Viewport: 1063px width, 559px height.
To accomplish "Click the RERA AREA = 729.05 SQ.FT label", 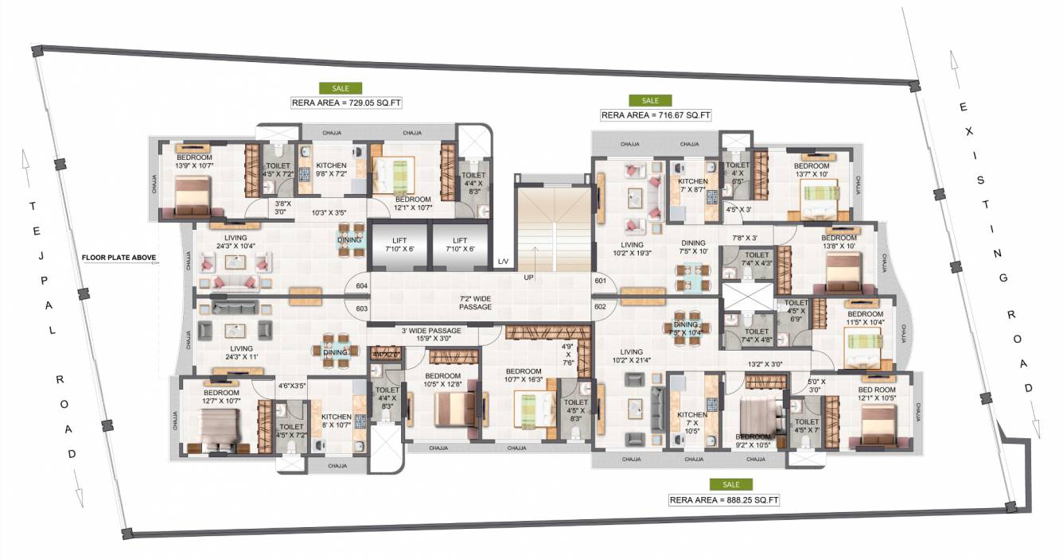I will pyautogui.click(x=340, y=103).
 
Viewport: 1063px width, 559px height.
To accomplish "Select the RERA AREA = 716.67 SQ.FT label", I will pyautogui.click(x=655, y=115).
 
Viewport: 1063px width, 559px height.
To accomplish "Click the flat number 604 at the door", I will pyautogui.click(x=361, y=285).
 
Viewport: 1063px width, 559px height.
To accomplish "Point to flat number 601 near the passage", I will pyautogui.click(x=600, y=280).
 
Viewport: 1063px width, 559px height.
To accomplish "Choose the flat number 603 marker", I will pyautogui.click(x=361, y=309).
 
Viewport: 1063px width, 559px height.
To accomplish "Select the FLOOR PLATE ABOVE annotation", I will pyautogui.click(x=119, y=258).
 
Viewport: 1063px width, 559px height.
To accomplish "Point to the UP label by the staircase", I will pyautogui.click(x=528, y=278).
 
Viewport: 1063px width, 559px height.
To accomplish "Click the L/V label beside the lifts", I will pyautogui.click(x=503, y=262).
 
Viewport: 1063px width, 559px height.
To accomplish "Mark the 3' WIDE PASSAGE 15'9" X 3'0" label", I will pyautogui.click(x=430, y=334).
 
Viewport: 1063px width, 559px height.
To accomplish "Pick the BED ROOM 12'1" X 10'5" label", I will pyautogui.click(x=876, y=394).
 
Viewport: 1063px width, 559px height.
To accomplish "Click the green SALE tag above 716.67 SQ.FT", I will pyautogui.click(x=650, y=100).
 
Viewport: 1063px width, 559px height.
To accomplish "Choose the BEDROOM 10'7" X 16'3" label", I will pyautogui.click(x=524, y=375).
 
